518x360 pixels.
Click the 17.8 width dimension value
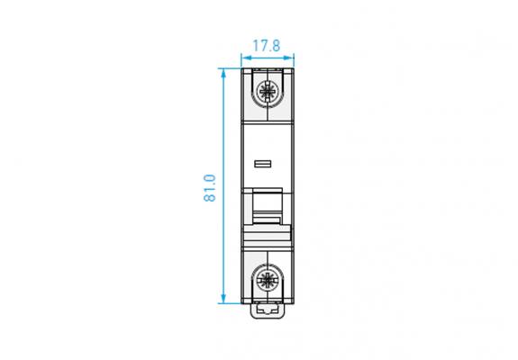point(267,46)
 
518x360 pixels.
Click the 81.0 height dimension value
point(210,188)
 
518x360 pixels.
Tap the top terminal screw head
point(268,91)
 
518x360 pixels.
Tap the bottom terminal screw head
point(268,279)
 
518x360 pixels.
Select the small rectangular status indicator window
point(263,164)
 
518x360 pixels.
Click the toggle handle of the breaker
point(268,205)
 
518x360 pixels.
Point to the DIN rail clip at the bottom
point(268,311)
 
